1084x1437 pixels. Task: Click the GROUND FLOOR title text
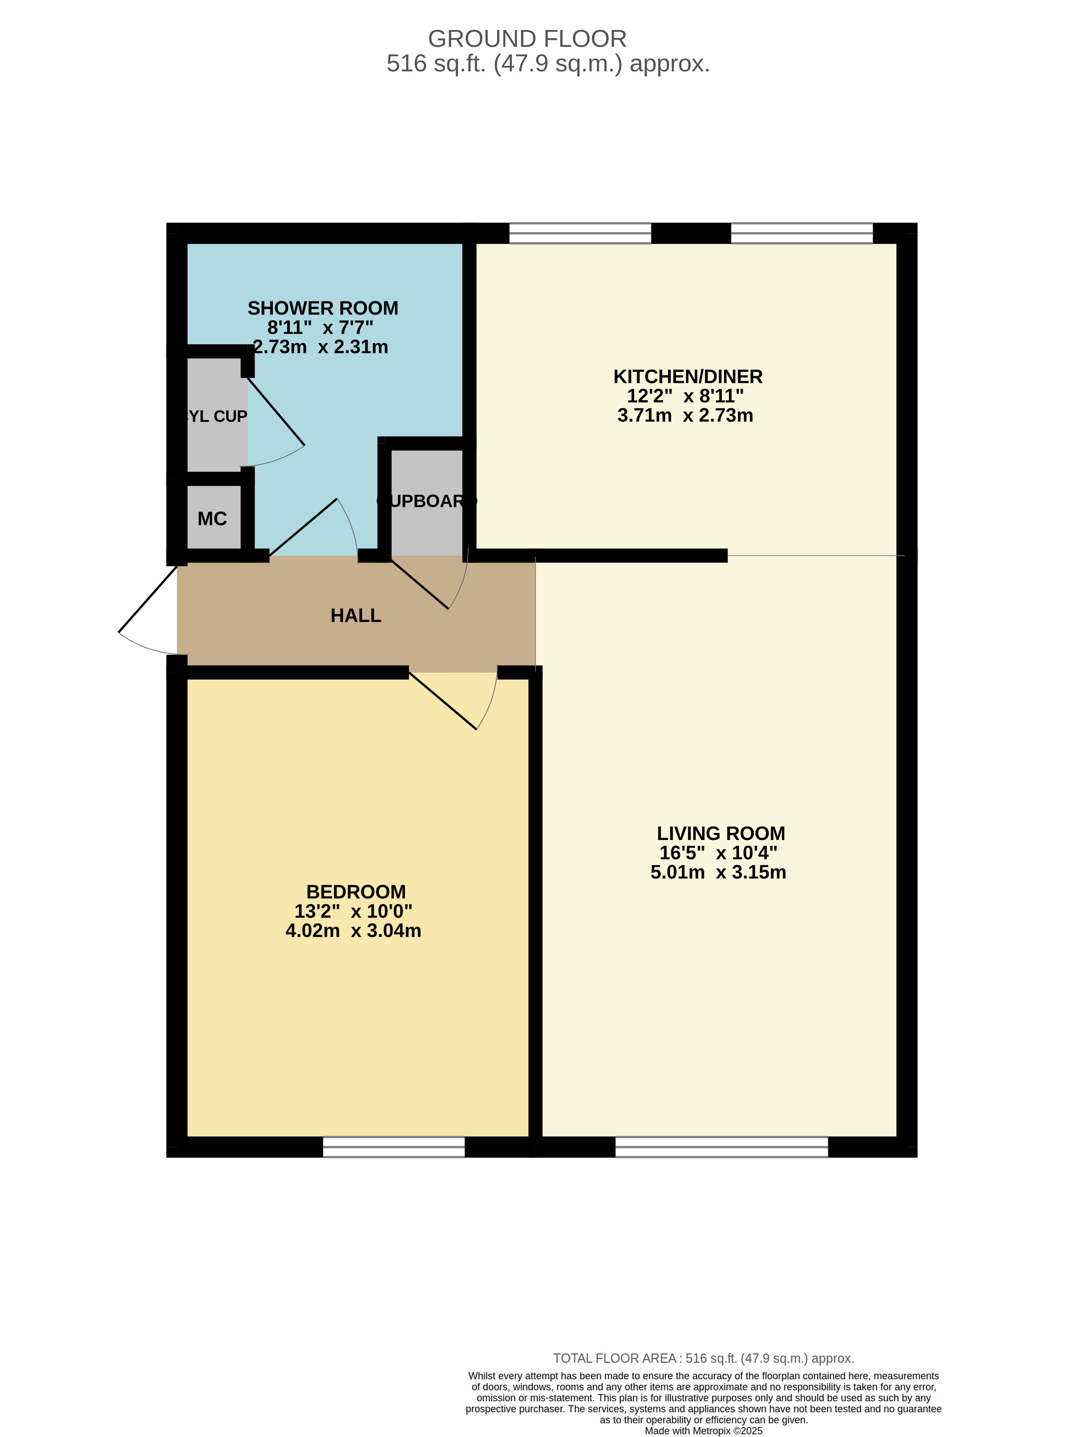click(x=527, y=39)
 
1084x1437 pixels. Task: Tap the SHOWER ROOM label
click(x=323, y=308)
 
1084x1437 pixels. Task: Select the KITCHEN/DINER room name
click(x=688, y=377)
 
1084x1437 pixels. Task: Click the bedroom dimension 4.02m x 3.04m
click(x=353, y=931)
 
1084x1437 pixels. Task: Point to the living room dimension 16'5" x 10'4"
click(x=718, y=853)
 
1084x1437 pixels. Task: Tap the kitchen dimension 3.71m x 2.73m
click(x=685, y=416)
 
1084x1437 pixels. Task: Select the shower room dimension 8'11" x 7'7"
click(x=320, y=328)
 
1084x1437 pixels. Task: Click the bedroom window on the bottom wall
click(x=394, y=1147)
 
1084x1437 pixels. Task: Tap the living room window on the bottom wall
click(x=722, y=1147)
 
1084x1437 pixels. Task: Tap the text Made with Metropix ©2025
click(x=703, y=1431)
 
